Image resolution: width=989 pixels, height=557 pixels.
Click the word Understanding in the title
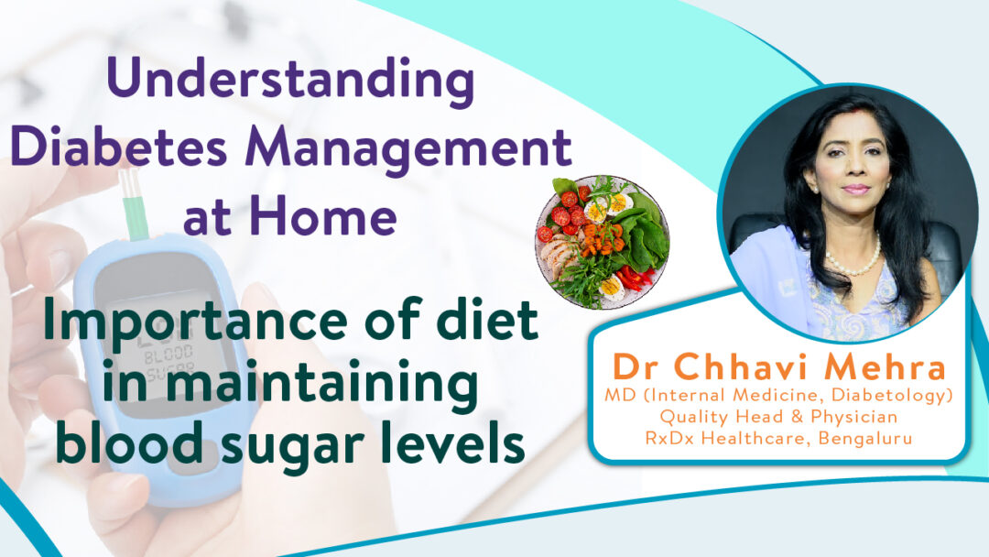pyautogui.click(x=291, y=80)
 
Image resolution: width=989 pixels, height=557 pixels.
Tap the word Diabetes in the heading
pyautogui.click(x=118, y=147)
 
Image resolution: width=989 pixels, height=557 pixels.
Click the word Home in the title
pyautogui.click(x=323, y=215)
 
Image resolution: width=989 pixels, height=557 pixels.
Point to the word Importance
pyautogui.click(x=196, y=322)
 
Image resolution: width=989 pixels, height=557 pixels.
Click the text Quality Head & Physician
pyautogui.click(x=778, y=416)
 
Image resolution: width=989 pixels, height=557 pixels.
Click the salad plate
pyautogui.click(x=603, y=242)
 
